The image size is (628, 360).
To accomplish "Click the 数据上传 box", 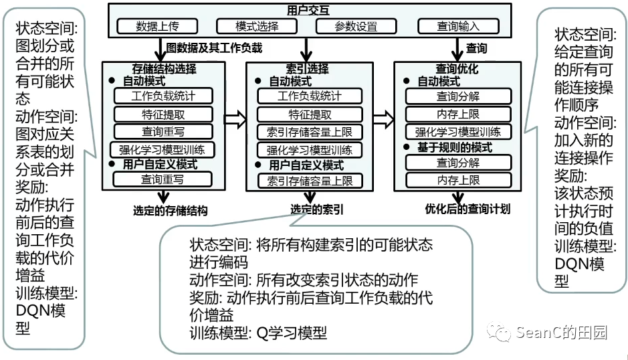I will [157, 27].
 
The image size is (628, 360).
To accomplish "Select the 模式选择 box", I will [257, 27].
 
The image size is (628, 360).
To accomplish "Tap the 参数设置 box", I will [356, 27].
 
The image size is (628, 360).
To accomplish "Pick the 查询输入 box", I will [458, 27].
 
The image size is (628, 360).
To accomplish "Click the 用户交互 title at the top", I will [308, 11].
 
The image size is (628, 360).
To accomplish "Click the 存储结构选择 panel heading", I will [165, 69].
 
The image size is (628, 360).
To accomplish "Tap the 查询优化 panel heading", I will [457, 69].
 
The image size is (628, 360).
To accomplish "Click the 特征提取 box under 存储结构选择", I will [163, 114].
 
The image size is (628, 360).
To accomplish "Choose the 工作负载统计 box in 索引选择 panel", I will [309, 96].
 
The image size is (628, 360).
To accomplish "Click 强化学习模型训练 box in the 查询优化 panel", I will [458, 131].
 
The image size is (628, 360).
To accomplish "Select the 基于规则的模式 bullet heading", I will [455, 147].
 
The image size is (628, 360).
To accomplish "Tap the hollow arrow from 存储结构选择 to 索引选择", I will [235, 119].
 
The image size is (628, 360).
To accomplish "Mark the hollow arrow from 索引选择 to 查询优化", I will [383, 119].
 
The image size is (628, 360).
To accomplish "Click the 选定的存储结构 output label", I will [170, 210].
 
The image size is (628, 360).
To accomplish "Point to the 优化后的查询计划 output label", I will [467, 209].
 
